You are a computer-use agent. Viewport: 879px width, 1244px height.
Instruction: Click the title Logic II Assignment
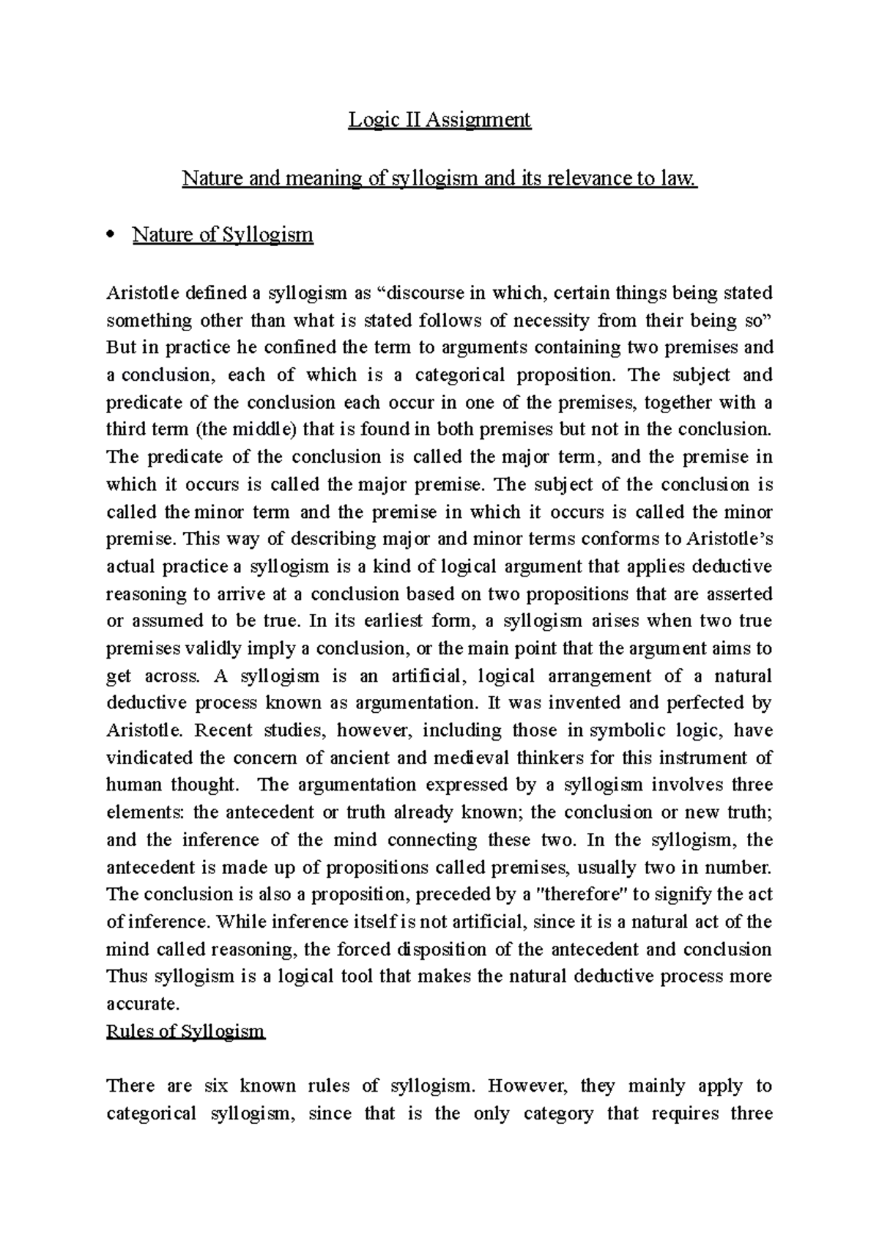tap(439, 119)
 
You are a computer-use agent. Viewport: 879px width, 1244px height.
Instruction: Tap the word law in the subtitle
tap(681, 178)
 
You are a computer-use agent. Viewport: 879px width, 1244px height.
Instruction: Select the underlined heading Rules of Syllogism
tap(185, 1032)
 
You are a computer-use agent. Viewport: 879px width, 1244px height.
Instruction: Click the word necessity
tap(551, 320)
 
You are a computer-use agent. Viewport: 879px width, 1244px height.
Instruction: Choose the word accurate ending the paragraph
tap(142, 1004)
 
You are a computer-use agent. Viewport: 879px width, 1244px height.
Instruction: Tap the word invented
tap(583, 703)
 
